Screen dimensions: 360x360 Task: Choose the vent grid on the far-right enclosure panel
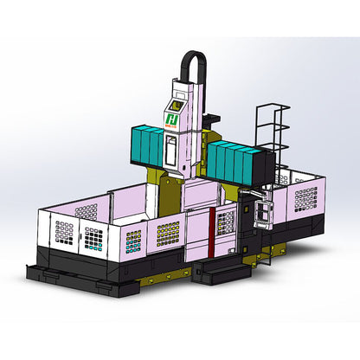(305, 199)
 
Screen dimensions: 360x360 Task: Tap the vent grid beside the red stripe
(226, 224)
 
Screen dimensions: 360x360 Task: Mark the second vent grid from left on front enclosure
(92, 235)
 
